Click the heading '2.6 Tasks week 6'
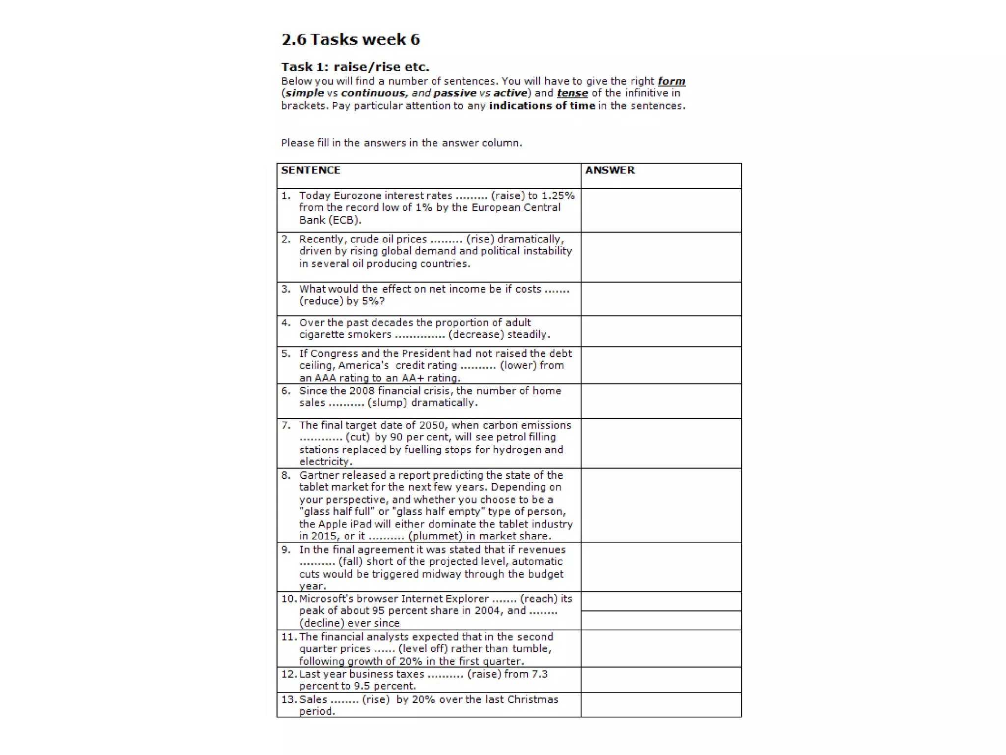[x=350, y=39]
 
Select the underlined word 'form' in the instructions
[x=671, y=81]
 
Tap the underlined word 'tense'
[x=572, y=93]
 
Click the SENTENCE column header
[x=310, y=170]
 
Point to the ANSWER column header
[x=610, y=170]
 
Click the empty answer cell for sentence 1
[x=661, y=210]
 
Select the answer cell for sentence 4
[x=661, y=331]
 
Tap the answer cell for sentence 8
[x=661, y=505]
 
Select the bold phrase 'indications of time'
[x=542, y=106]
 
